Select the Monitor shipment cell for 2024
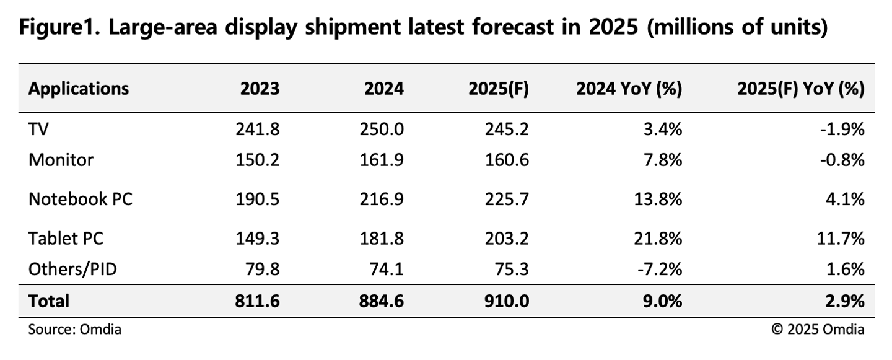(383, 160)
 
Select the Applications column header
(79, 89)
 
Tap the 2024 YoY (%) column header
(629, 89)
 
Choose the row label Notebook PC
(81, 199)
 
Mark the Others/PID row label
(72, 269)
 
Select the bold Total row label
(49, 301)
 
